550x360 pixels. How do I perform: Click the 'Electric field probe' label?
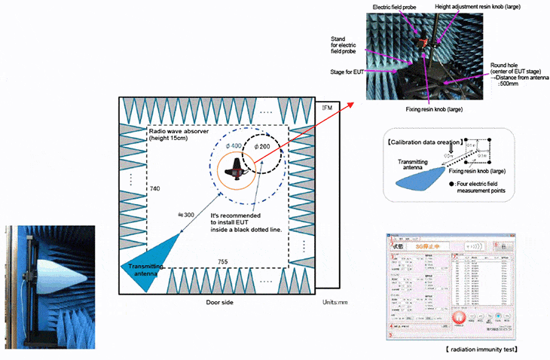coord(394,7)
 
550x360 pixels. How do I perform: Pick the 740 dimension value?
coord(155,188)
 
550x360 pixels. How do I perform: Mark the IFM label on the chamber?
coord(326,108)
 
